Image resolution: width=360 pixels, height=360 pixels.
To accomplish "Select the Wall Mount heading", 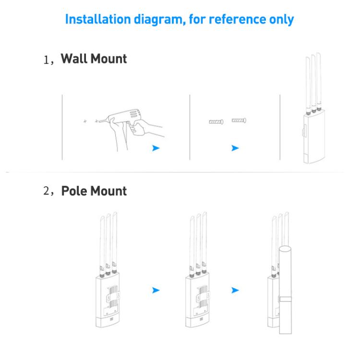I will [94, 59].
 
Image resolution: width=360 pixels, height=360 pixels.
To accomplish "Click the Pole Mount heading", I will [94, 191].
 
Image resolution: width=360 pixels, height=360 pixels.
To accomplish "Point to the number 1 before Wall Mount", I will [47, 60].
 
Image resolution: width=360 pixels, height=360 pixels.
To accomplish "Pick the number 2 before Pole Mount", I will [47, 192].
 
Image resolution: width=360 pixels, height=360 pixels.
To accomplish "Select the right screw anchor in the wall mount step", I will [239, 120].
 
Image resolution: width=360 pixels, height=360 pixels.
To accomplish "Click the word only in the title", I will [280, 20].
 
